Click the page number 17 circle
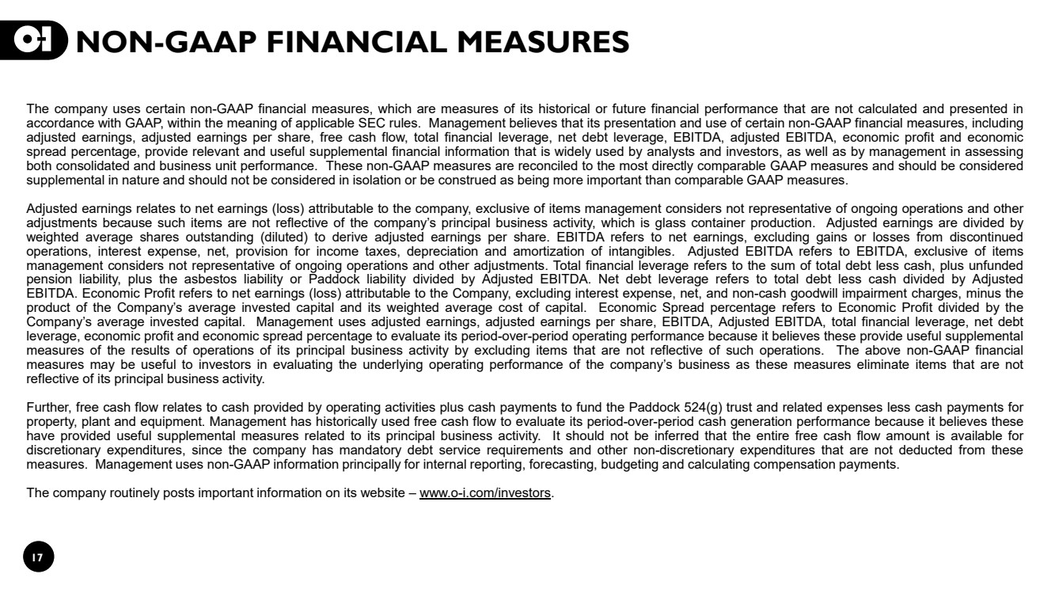click(x=38, y=557)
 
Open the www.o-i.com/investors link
click(x=484, y=493)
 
